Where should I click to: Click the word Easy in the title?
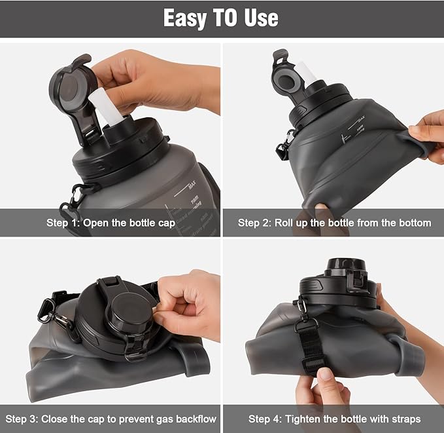point(185,18)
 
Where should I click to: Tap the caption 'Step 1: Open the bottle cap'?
point(111,223)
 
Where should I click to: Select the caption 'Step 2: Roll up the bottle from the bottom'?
point(334,223)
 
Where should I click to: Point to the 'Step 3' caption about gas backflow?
point(111,418)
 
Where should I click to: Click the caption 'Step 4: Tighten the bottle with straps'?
point(334,418)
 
